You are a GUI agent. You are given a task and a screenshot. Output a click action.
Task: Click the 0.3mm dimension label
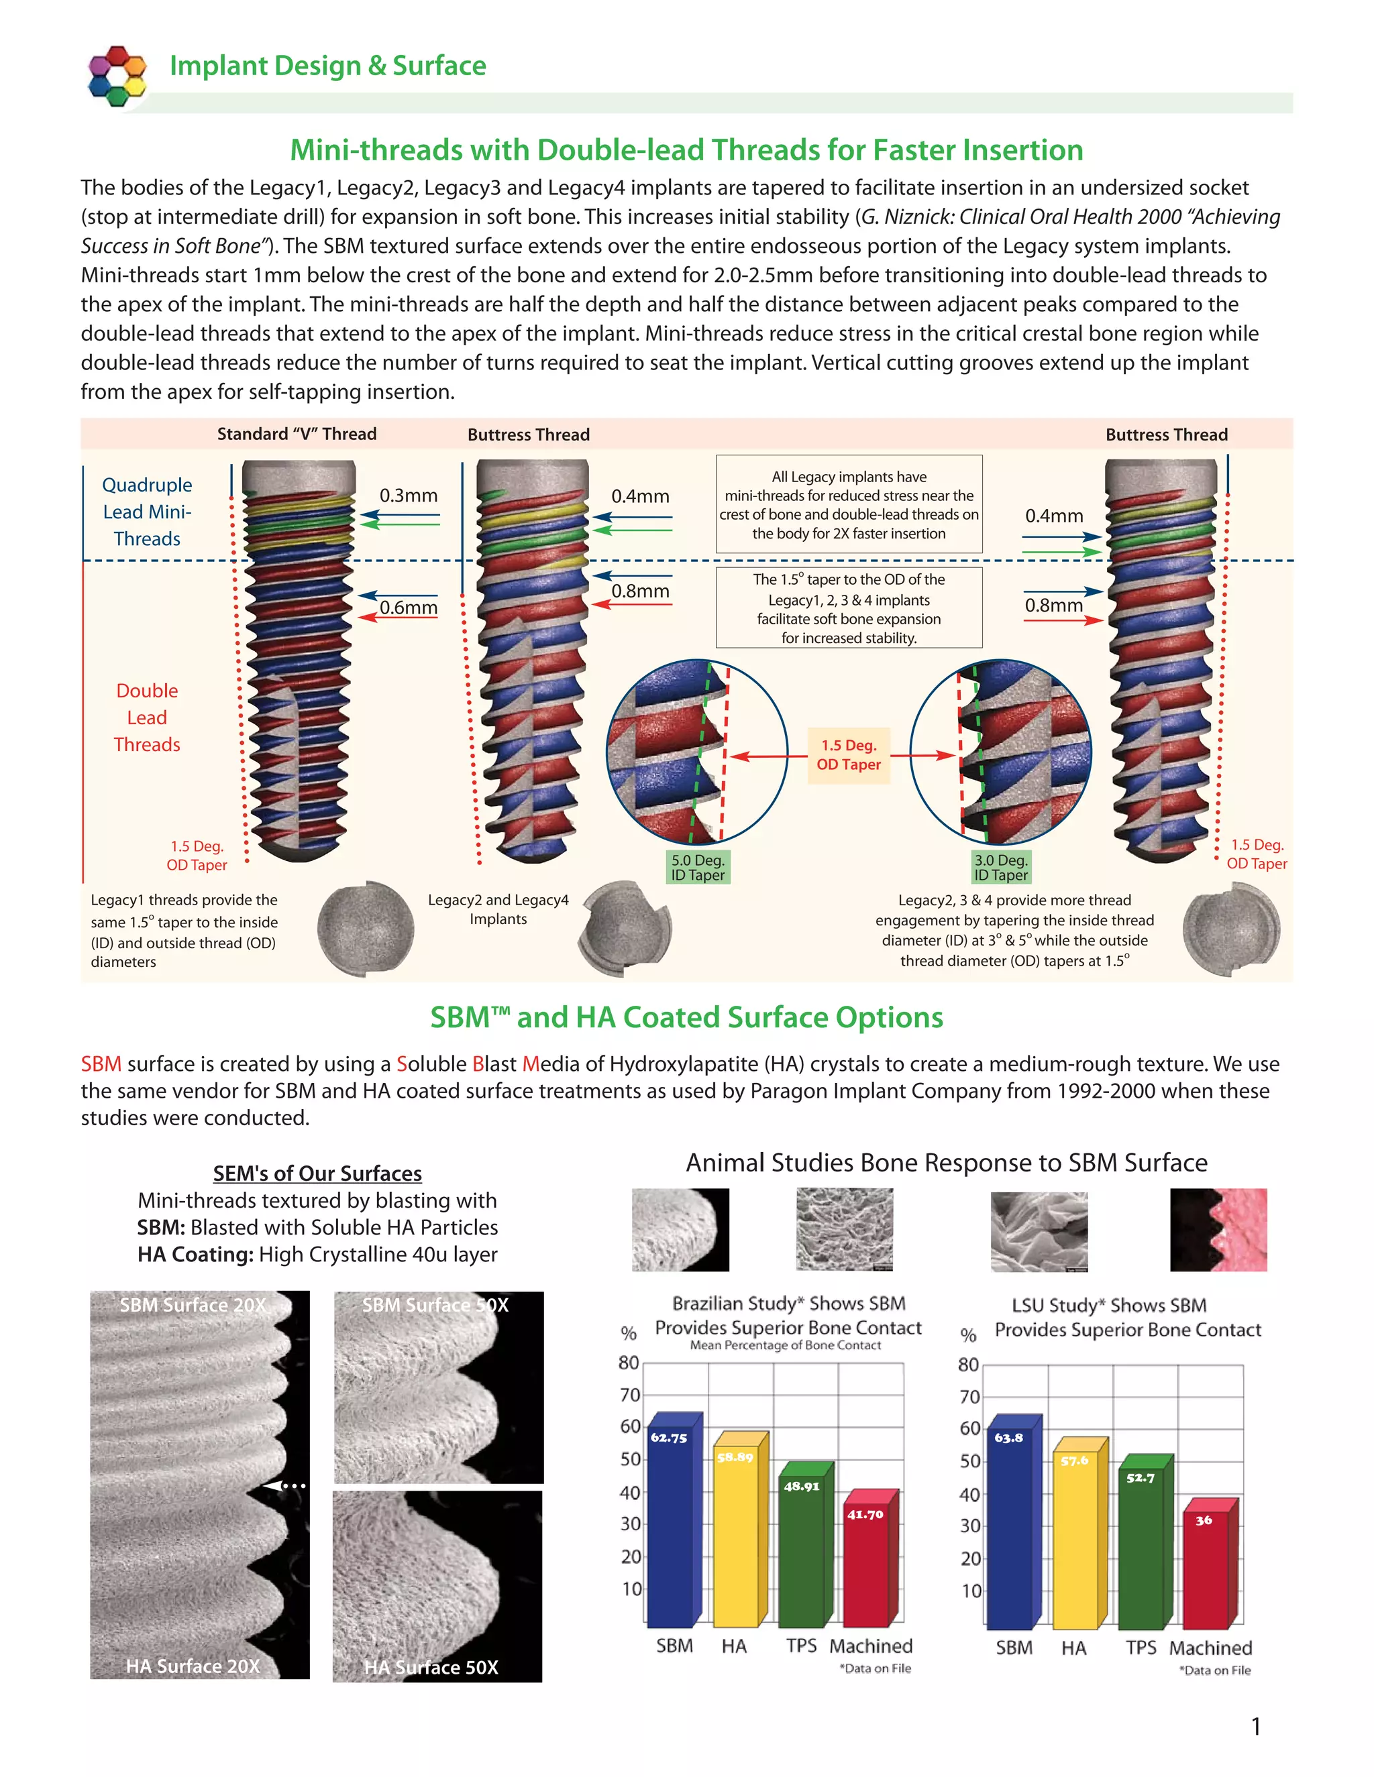coord(409,496)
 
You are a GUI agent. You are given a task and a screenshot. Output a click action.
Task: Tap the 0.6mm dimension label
coord(409,608)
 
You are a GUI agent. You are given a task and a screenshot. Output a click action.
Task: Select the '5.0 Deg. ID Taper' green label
coord(698,867)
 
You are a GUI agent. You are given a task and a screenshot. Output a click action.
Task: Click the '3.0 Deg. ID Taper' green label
coord(1001,867)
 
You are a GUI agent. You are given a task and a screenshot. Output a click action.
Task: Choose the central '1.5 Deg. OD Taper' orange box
coord(849,755)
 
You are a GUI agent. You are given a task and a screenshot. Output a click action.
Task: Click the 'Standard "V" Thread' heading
coord(297,434)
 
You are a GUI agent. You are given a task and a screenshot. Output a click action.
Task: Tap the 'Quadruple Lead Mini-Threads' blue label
coord(148,512)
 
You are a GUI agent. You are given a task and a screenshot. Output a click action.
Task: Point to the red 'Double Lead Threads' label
coord(148,718)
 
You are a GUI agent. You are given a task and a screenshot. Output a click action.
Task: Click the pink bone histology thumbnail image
coord(1218,1229)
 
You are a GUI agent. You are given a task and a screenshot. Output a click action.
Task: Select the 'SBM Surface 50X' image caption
coord(435,1305)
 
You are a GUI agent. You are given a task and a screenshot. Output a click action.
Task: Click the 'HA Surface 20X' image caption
coord(193,1666)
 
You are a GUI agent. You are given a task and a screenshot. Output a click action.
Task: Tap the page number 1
coord(1256,1726)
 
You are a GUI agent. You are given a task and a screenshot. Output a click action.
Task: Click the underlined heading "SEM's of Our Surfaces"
coord(317,1173)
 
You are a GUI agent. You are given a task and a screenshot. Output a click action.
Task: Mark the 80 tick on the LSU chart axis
coord(968,1365)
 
